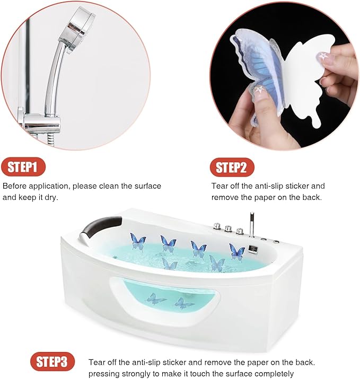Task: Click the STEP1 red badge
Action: [x=23, y=168]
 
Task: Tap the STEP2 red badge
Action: [x=231, y=168]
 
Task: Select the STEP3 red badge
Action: [x=51, y=363]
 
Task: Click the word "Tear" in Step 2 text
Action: [x=220, y=186]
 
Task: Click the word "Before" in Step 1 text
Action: [x=15, y=186]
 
